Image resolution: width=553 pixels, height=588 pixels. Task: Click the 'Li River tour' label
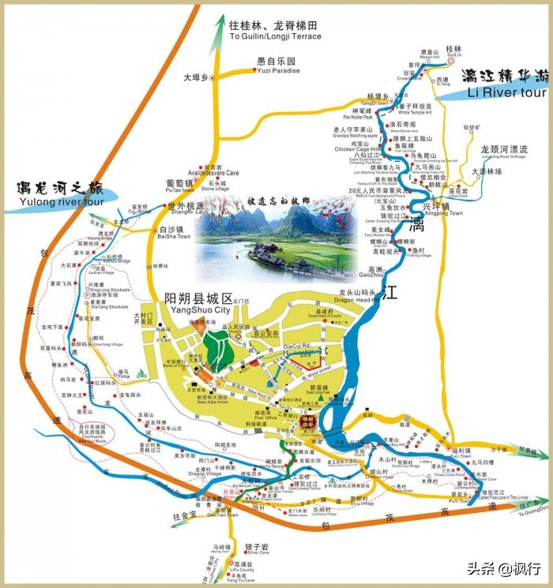pos(506,92)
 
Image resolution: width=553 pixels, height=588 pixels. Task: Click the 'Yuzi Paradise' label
pos(278,71)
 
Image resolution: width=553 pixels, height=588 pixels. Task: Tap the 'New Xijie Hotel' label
pos(213,403)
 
